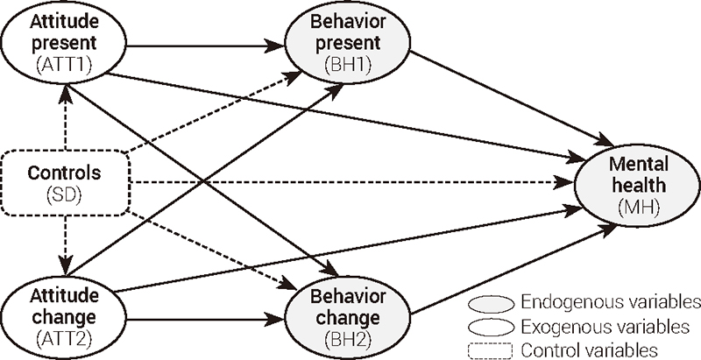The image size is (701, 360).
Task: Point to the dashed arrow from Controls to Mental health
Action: point(350,183)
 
